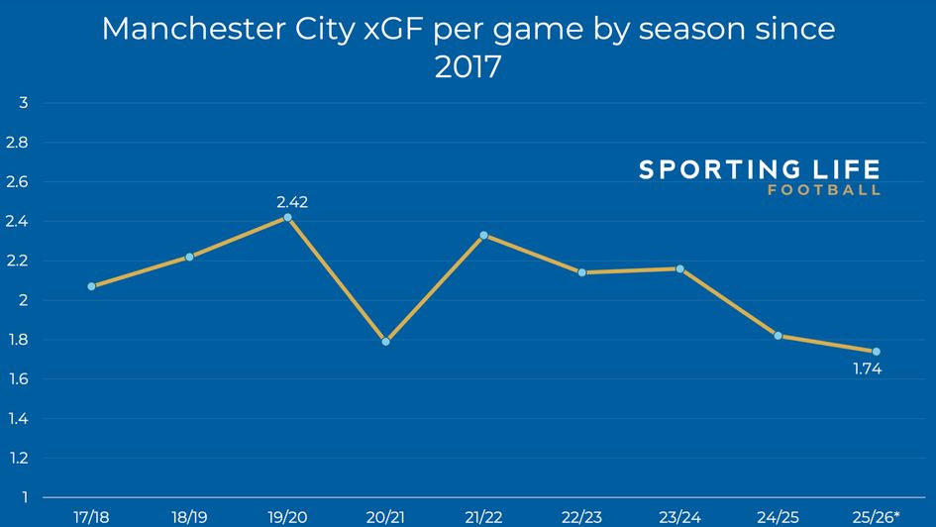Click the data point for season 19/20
[x=287, y=217]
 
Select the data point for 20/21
[x=385, y=342]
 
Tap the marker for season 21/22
[x=483, y=235]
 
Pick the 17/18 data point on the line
[x=91, y=286]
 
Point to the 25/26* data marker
[x=877, y=352]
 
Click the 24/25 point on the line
[x=779, y=336]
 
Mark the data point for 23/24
[x=680, y=268]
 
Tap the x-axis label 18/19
[x=189, y=516]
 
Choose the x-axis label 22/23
[x=581, y=516]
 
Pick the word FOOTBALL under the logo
[x=824, y=191]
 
